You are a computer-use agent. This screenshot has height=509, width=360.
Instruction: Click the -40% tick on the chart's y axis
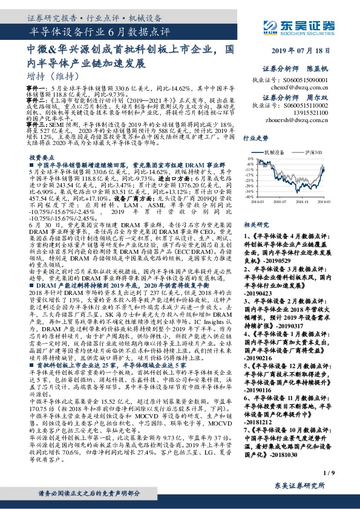[x=250, y=197]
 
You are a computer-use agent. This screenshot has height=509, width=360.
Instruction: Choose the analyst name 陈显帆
[x=319, y=70]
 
